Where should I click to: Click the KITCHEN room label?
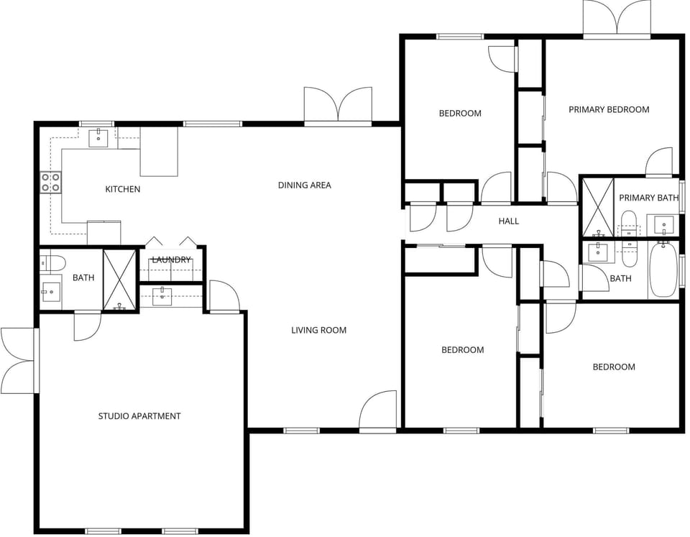[x=123, y=189]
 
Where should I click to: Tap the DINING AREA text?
[x=304, y=185]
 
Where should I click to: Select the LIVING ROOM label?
[x=318, y=330]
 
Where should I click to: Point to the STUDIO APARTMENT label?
[x=139, y=416]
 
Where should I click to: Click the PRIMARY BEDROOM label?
[x=609, y=109]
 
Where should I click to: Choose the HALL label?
[x=508, y=221]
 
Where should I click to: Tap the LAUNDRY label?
[x=171, y=260]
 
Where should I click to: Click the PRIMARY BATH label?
[x=648, y=198]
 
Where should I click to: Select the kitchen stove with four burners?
[x=50, y=183]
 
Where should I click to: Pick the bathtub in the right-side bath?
[x=663, y=270]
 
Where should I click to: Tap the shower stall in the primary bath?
[x=597, y=207]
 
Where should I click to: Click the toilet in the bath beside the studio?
[x=53, y=262]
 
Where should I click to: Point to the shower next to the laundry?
[x=119, y=280]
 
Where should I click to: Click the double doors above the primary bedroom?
[x=617, y=18]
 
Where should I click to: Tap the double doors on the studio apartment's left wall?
[x=18, y=360]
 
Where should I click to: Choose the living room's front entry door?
[x=378, y=411]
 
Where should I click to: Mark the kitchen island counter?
[x=158, y=152]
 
